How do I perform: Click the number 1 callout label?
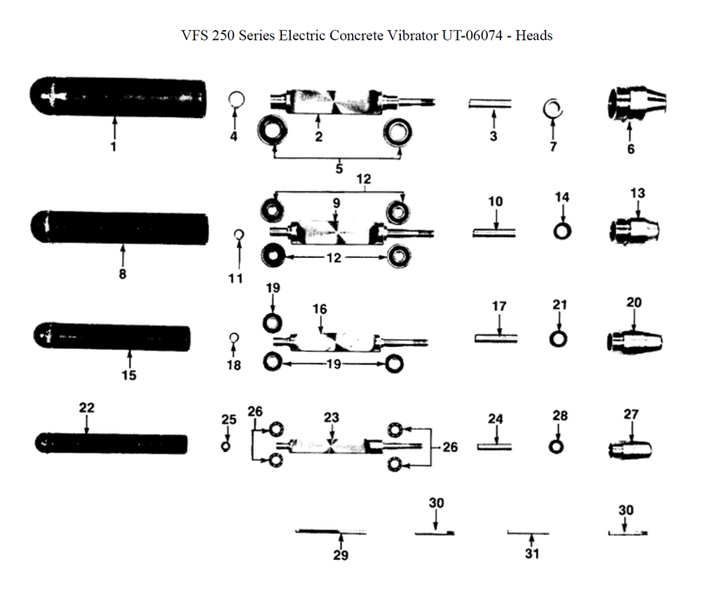tap(114, 147)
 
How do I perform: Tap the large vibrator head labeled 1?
tap(118, 98)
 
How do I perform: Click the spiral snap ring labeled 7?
tap(553, 108)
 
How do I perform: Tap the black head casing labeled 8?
tap(121, 229)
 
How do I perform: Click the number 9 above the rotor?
tap(336, 203)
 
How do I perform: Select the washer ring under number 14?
tap(562, 231)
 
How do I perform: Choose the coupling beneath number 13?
tap(635, 230)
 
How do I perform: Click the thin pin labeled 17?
tap(499, 338)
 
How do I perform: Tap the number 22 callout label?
tap(86, 407)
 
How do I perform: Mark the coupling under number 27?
tap(629, 447)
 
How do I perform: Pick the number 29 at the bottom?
tap(340, 555)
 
